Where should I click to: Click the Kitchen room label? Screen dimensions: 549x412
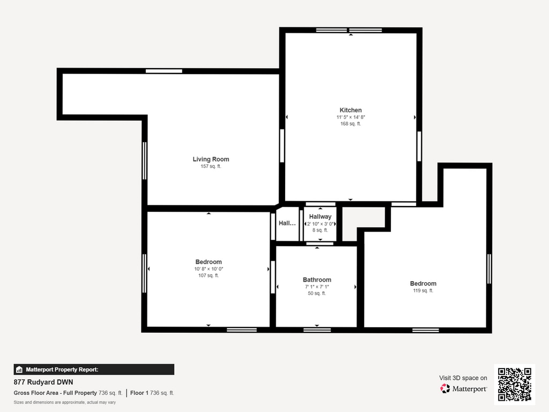(x=351, y=110)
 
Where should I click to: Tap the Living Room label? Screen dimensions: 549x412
(x=211, y=159)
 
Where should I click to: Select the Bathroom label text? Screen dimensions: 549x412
(x=317, y=279)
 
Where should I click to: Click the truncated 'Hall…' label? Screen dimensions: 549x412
(x=287, y=223)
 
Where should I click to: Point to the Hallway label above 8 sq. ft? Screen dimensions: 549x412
(x=320, y=217)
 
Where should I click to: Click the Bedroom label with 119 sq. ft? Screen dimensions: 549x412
(x=423, y=283)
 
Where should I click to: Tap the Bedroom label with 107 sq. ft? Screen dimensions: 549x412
(x=209, y=262)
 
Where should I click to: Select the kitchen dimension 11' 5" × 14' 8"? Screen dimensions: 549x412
(x=351, y=117)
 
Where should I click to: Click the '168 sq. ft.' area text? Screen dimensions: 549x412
(x=351, y=124)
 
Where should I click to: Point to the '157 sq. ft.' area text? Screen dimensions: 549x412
(x=211, y=166)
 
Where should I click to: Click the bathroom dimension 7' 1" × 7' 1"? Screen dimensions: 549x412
(x=317, y=286)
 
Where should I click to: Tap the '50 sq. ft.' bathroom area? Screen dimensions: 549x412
(x=317, y=293)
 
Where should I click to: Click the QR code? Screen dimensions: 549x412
(x=514, y=384)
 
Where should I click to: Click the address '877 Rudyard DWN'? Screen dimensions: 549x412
(x=43, y=382)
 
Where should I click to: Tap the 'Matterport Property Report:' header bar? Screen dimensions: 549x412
(x=94, y=370)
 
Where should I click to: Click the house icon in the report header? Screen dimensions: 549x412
(x=19, y=370)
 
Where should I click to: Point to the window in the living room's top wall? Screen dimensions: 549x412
(x=164, y=71)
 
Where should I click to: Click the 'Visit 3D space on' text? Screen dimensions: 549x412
(x=463, y=378)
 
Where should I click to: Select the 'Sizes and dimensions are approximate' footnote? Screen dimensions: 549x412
(x=65, y=402)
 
